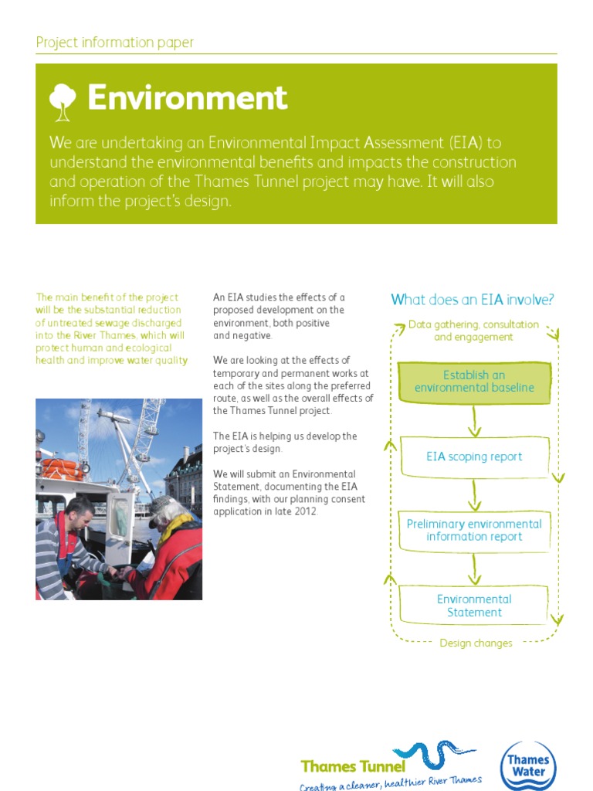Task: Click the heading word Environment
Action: click(187, 99)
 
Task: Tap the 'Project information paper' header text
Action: click(114, 42)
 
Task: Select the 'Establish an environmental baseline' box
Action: click(474, 382)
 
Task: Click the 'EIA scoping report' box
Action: click(474, 457)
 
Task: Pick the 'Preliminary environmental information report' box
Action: click(474, 530)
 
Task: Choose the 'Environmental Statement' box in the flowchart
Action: click(474, 606)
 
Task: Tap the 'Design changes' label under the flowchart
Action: click(476, 643)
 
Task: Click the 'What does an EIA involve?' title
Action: click(473, 300)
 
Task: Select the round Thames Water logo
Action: click(527, 766)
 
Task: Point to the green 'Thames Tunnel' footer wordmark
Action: click(353, 766)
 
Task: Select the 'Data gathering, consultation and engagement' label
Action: click(473, 331)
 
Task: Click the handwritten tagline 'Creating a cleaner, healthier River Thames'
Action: click(391, 783)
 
